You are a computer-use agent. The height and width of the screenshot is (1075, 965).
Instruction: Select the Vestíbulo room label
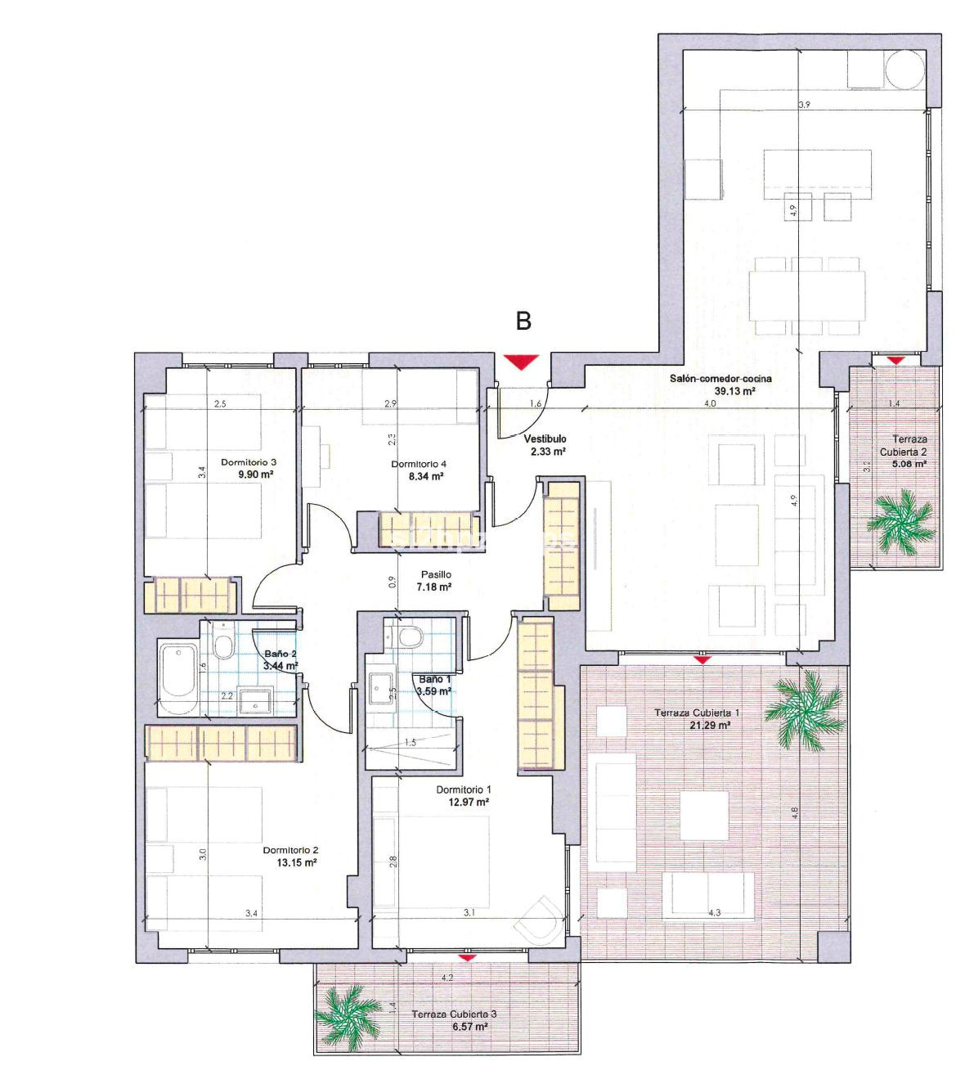(545, 439)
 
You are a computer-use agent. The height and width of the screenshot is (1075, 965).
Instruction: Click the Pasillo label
(436, 574)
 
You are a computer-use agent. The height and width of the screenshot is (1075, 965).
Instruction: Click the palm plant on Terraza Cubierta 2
(900, 520)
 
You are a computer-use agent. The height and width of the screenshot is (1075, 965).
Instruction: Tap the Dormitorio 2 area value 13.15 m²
(295, 862)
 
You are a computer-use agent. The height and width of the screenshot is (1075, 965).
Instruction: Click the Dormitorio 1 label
(463, 789)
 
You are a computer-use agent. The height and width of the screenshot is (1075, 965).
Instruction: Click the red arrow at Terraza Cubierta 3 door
(467, 956)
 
